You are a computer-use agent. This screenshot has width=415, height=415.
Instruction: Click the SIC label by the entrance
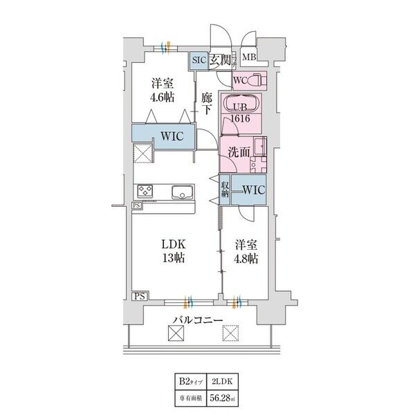point(199,60)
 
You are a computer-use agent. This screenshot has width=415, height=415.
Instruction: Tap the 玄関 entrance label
point(221,60)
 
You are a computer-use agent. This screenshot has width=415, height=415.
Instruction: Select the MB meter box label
point(250,57)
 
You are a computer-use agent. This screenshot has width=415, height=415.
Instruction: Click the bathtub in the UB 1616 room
point(241,106)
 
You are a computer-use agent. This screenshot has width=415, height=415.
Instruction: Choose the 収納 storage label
point(225,189)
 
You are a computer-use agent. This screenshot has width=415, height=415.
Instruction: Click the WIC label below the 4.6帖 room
point(171,136)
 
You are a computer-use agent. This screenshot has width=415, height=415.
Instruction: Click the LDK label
point(173,244)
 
